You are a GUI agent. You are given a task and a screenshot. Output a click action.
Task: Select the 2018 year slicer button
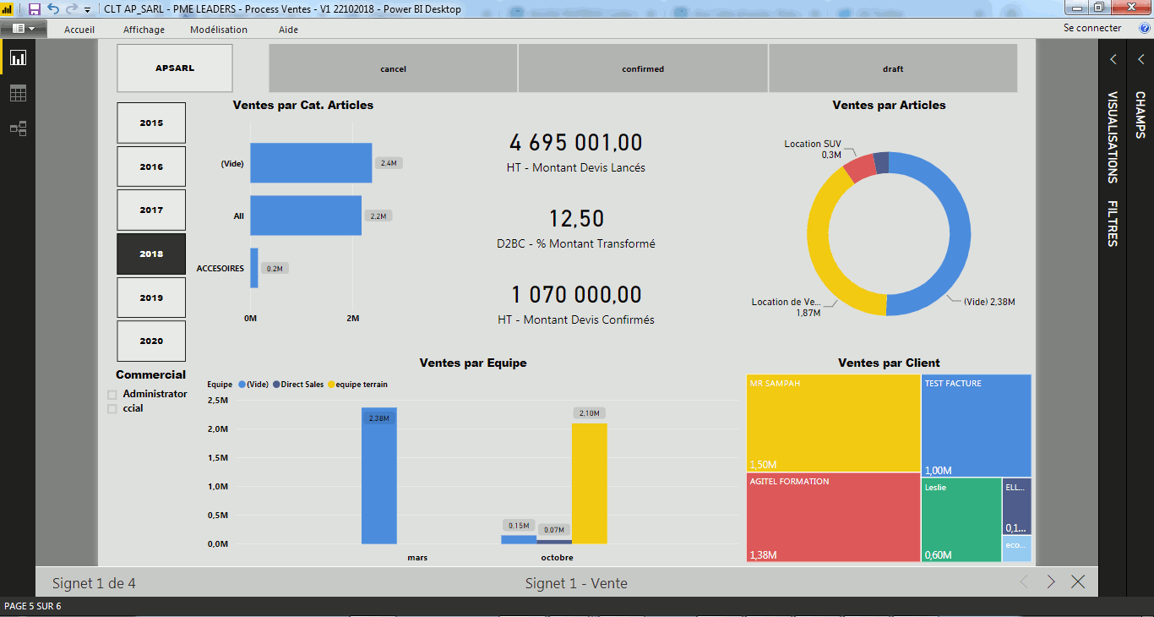pos(151,254)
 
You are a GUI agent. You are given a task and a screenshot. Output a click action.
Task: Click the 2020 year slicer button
pos(151,341)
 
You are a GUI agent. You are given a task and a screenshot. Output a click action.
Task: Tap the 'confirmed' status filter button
pos(643,68)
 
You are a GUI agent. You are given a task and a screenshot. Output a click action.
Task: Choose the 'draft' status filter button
pos(893,68)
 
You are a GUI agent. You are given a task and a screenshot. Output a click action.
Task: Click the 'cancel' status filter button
pos(393,68)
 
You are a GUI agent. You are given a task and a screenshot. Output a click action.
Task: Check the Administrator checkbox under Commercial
pos(112,395)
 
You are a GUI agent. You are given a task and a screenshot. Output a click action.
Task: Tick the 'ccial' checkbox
pos(112,409)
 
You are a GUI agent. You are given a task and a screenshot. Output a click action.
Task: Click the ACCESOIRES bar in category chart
pos(254,268)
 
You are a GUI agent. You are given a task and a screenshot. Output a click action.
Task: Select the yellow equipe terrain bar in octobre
pos(589,483)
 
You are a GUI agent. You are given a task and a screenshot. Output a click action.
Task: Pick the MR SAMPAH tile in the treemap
pos(833,423)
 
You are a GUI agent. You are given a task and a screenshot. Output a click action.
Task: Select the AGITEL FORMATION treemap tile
pos(833,516)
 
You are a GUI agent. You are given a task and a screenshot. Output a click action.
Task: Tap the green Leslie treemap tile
pos(961,520)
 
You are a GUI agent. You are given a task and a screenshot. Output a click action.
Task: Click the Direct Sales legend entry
pos(302,385)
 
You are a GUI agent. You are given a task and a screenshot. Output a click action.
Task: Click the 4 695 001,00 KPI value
pos(576,143)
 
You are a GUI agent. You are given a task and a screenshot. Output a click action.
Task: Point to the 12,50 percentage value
pos(576,219)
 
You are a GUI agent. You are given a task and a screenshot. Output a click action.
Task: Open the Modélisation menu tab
pos(219,30)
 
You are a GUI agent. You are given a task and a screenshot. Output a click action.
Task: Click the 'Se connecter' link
pos(1092,28)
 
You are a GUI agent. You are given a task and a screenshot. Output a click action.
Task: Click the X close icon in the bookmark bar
pos(1078,582)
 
